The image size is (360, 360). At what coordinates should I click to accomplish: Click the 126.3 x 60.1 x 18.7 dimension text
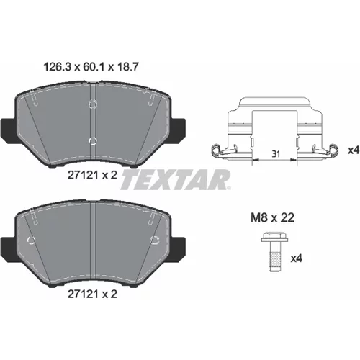point(91,67)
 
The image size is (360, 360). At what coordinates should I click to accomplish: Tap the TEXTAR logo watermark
point(176,179)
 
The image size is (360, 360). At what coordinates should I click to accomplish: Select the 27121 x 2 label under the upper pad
point(92,175)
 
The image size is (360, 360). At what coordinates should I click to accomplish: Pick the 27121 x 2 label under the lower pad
point(92,294)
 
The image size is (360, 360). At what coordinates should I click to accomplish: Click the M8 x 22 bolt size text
point(273,218)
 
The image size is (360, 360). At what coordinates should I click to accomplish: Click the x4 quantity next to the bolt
point(296,258)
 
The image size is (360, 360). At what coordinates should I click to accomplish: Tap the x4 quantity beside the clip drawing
point(354,150)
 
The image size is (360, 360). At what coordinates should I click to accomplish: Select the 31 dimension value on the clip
point(276,154)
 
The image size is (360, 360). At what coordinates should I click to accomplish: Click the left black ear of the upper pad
point(8,131)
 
